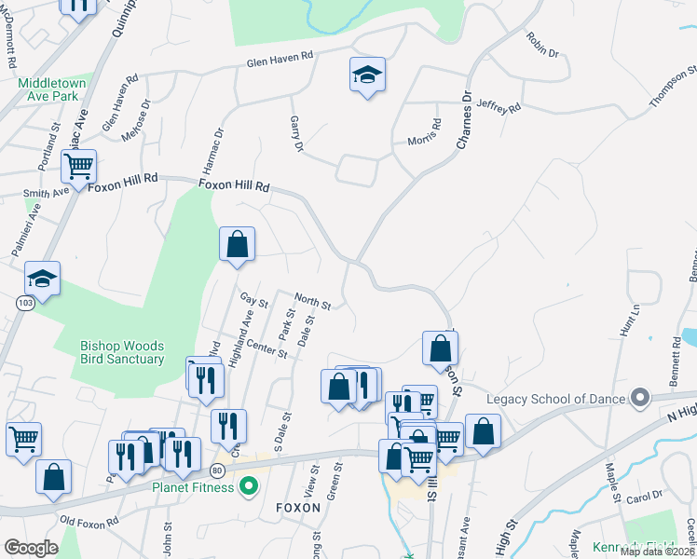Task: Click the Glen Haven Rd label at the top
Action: (x=280, y=60)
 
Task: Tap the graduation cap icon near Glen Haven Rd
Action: (x=367, y=75)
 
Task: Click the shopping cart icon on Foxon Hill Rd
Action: (x=78, y=166)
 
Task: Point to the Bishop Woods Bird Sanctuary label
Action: (x=122, y=352)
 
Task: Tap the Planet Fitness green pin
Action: (x=248, y=485)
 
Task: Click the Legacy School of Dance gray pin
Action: (x=639, y=398)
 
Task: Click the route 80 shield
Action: (x=217, y=470)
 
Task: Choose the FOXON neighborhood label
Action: (x=298, y=508)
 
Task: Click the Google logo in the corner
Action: (x=31, y=548)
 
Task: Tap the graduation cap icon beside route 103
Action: (x=42, y=279)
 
